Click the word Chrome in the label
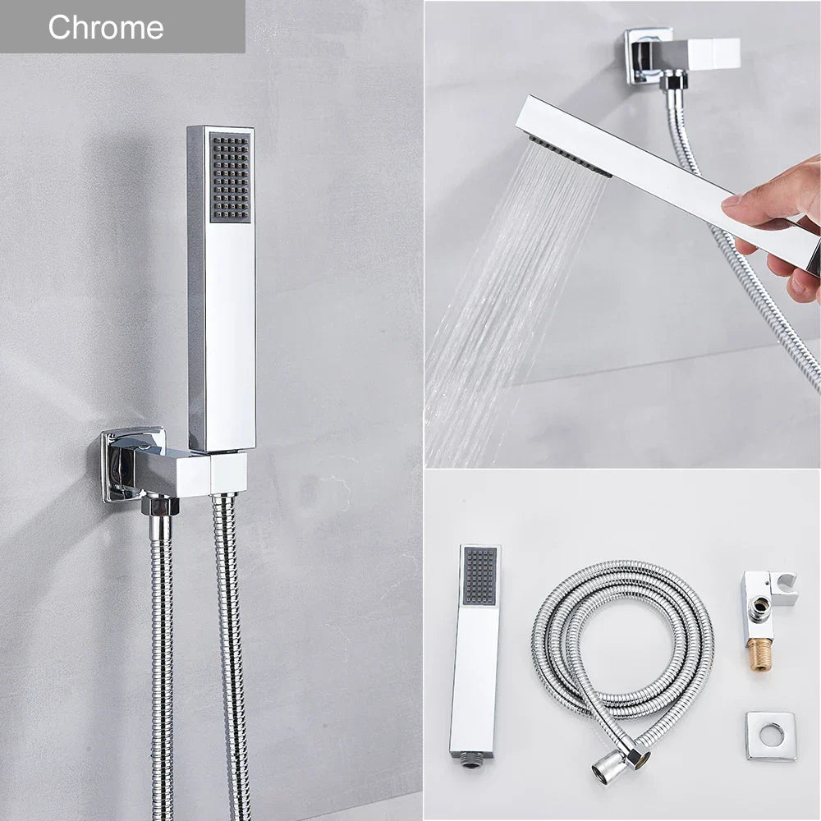coord(105,27)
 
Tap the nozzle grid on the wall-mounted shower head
coord(230,177)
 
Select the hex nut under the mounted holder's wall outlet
coord(160,505)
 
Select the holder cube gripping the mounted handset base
coord(227,472)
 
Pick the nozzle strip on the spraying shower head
coord(570,157)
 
